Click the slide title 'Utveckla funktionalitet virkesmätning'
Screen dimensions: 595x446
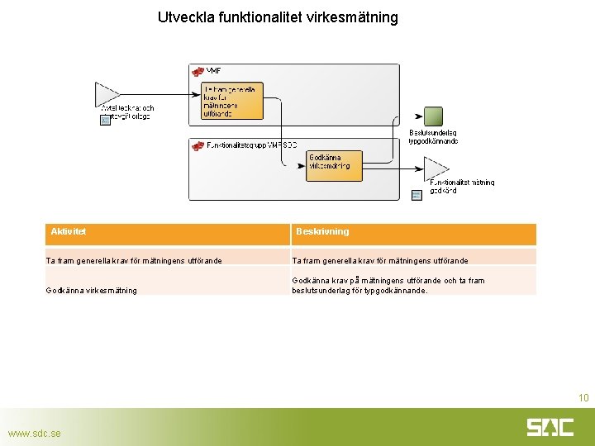click(278, 17)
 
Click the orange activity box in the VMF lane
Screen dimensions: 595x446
click(232, 101)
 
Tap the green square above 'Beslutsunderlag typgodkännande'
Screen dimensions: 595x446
click(433, 116)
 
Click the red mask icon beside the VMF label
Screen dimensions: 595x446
click(198, 72)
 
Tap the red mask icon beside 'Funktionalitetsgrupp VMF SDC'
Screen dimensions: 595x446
click(198, 146)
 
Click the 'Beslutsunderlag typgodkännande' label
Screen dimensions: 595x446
click(433, 136)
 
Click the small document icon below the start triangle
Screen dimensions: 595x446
click(105, 121)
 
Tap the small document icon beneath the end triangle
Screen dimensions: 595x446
click(416, 195)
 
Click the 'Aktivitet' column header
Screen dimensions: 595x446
click(69, 232)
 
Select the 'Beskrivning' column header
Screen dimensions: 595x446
click(322, 232)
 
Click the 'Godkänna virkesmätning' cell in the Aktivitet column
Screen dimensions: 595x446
click(92, 291)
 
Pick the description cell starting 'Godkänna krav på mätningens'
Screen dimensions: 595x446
click(388, 285)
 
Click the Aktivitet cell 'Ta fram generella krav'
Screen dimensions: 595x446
click(133, 261)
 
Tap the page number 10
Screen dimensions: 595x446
click(583, 398)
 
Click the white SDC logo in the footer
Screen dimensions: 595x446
click(550, 427)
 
